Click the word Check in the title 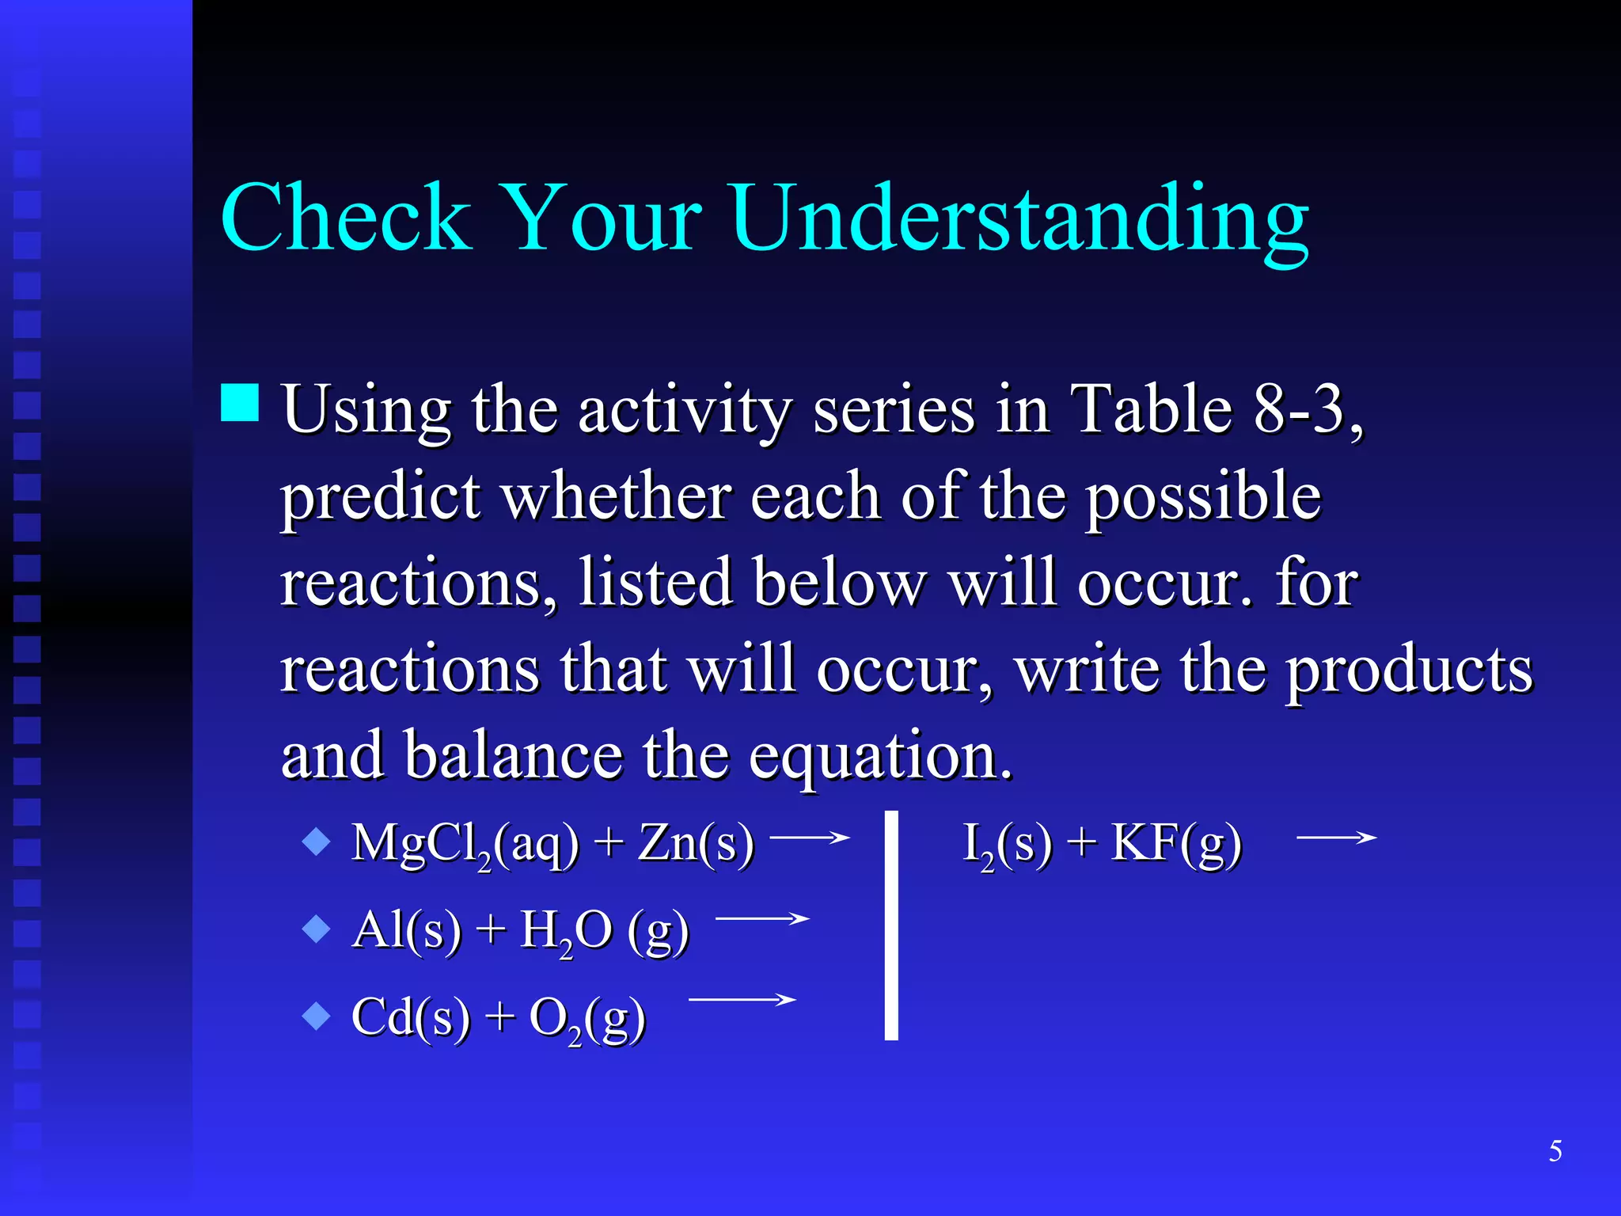(x=346, y=218)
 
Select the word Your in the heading (x=602, y=218)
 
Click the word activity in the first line (x=684, y=412)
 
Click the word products (x=1409, y=670)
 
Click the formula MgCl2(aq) (x=465, y=844)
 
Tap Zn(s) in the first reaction (x=696, y=842)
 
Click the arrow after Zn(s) (x=809, y=837)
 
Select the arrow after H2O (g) (x=761, y=918)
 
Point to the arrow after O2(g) (x=742, y=1000)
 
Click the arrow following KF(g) (x=1336, y=837)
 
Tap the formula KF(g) (x=1176, y=842)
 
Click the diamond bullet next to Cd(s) (x=317, y=1016)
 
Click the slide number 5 (x=1555, y=1151)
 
